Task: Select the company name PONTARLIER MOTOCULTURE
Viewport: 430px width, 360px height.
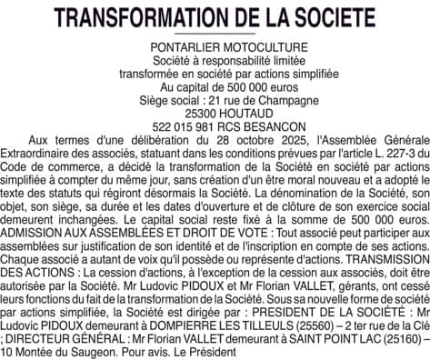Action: tap(215, 46)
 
